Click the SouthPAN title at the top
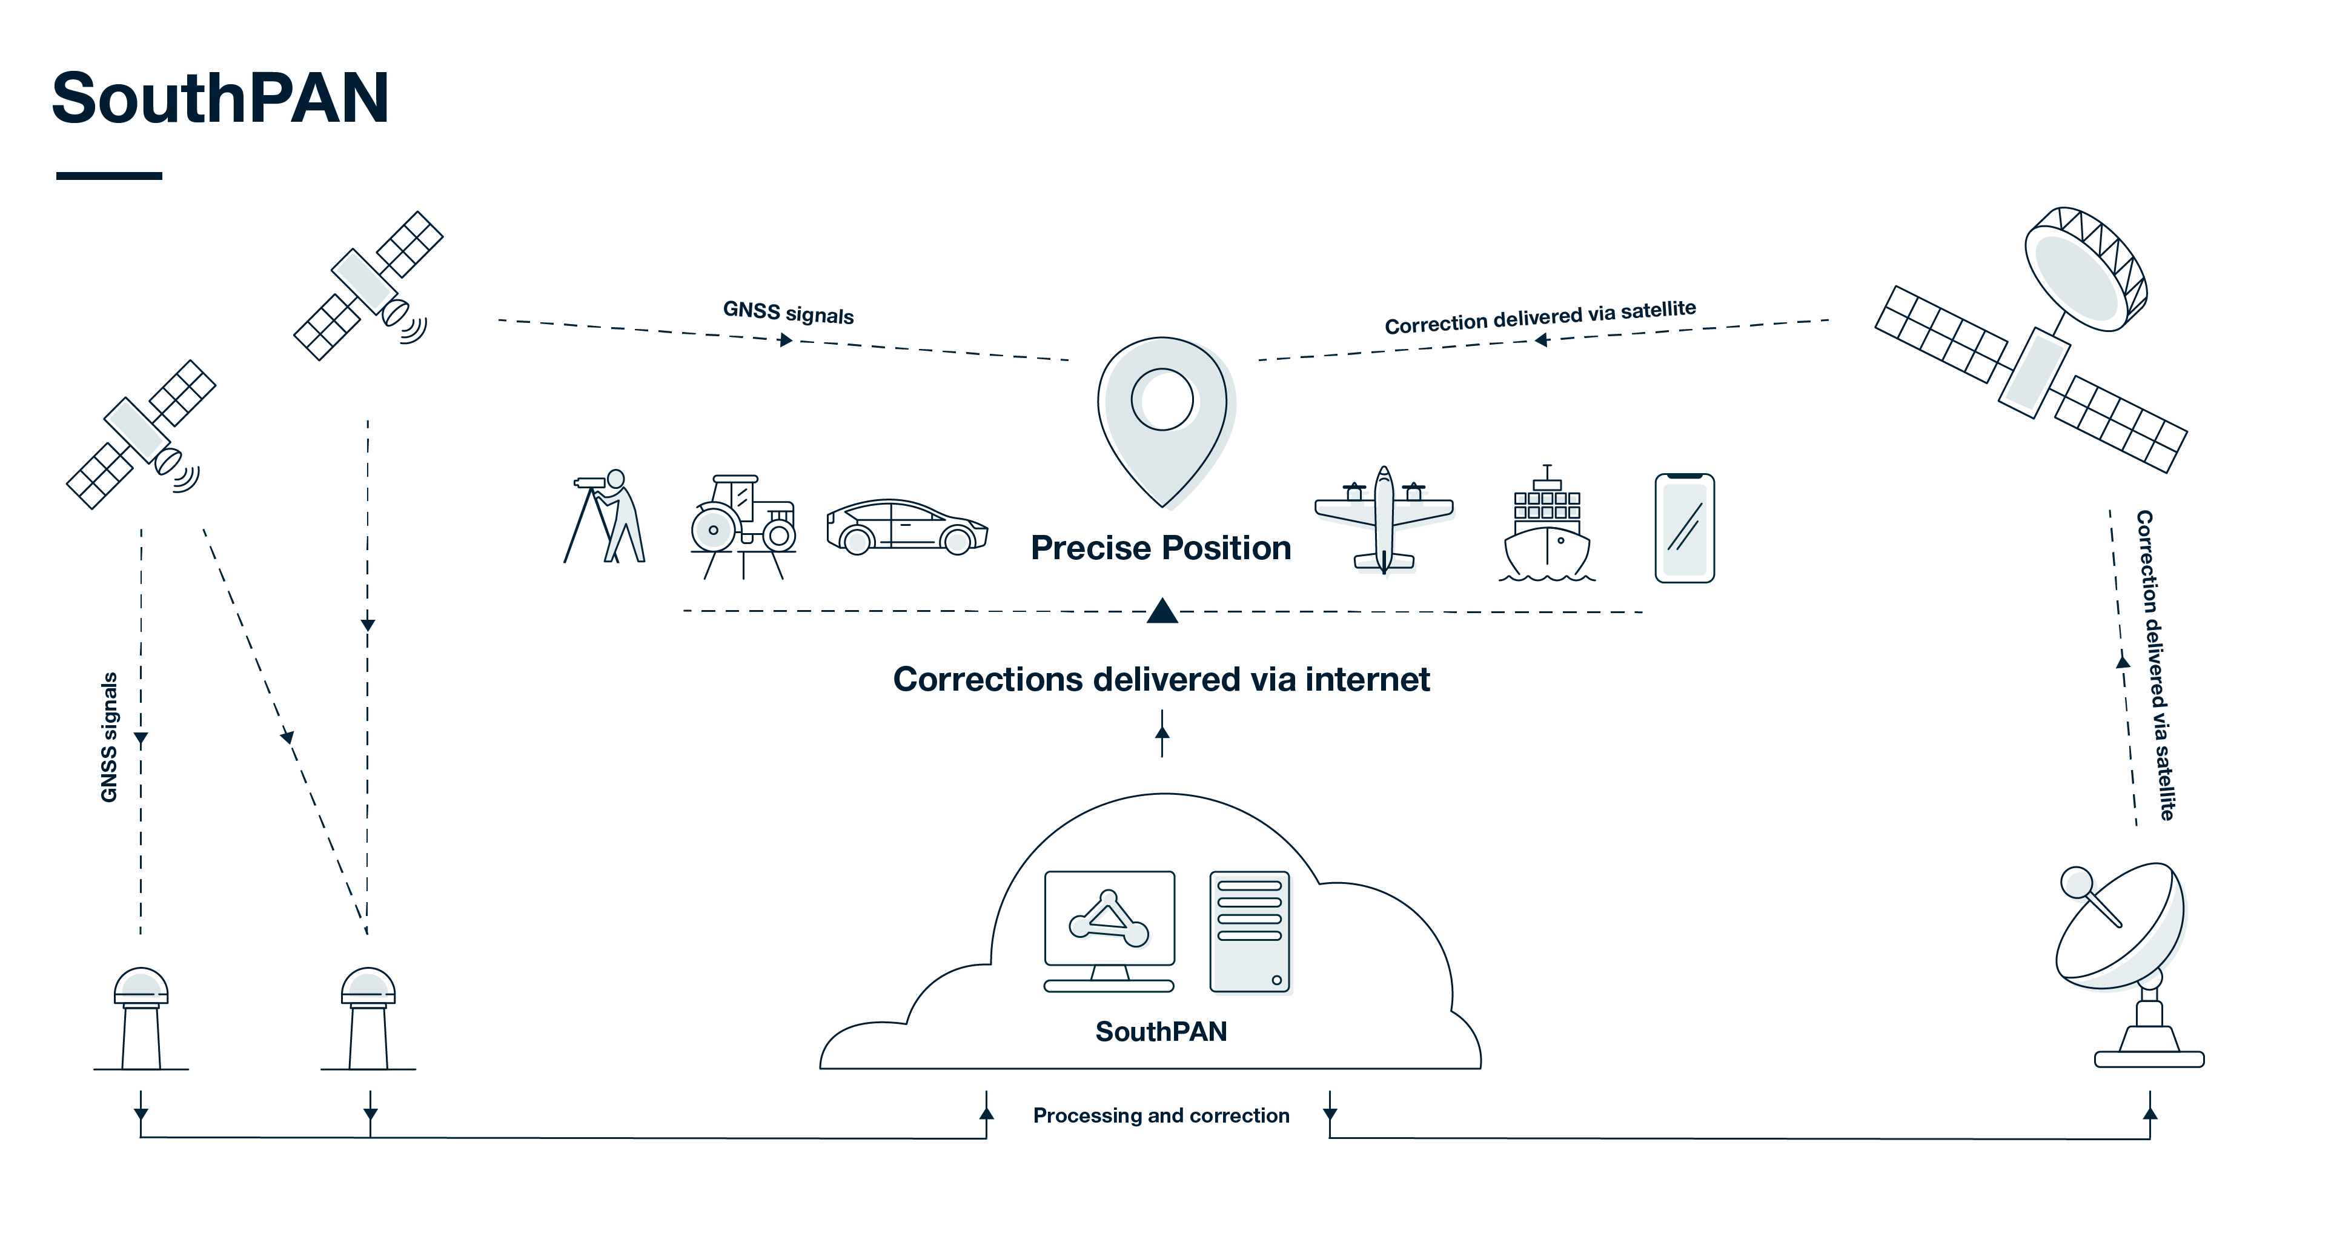220,98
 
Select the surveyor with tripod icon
605,517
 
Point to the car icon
906,526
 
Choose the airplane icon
1384,519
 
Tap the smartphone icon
1685,527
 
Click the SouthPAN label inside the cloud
1161,1031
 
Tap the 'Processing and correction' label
1161,1115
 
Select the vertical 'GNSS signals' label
108,737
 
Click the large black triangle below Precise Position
1162,612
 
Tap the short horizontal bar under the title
108,176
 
